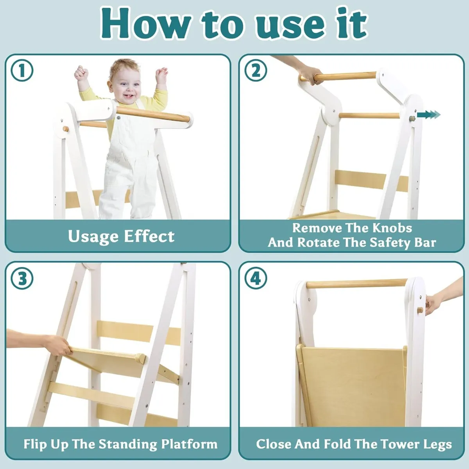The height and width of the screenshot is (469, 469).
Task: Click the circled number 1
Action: click(22, 71)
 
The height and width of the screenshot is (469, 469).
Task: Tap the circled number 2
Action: click(256, 71)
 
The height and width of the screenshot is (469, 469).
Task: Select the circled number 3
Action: click(22, 279)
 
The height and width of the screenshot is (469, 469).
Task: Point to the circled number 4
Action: click(256, 279)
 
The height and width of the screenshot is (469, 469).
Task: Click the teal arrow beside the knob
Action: click(428, 115)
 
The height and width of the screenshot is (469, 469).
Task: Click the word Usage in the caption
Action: click(93, 236)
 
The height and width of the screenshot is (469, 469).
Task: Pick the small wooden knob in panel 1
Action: click(65, 129)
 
